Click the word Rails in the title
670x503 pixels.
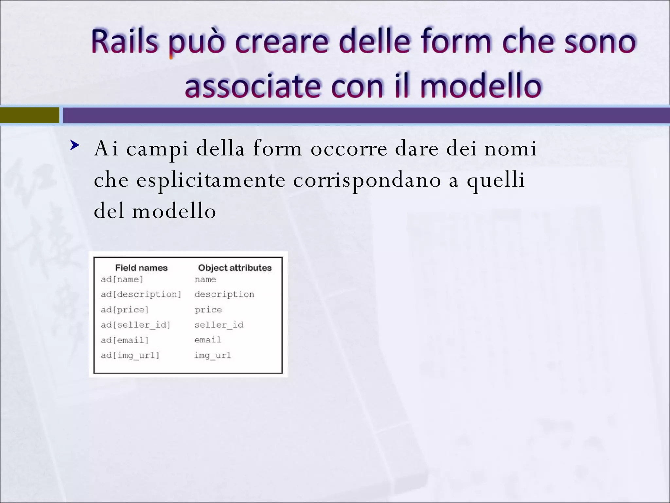click(124, 42)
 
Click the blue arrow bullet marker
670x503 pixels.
click(75, 145)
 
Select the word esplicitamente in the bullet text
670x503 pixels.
click(211, 180)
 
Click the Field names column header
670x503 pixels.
click(141, 268)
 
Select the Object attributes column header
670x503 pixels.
click(235, 268)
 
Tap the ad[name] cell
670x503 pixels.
click(122, 279)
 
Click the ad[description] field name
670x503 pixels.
click(141, 294)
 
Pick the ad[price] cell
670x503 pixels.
click(125, 310)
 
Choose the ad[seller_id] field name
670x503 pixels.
click(135, 325)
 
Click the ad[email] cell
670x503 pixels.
click(125, 340)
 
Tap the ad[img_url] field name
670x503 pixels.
click(130, 355)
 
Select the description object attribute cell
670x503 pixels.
click(224, 294)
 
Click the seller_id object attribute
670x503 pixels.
click(219, 325)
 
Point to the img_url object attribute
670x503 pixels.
click(212, 355)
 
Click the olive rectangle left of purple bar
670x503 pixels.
click(29, 115)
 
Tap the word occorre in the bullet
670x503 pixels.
click(349, 149)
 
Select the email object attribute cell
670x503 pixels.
click(208, 340)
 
